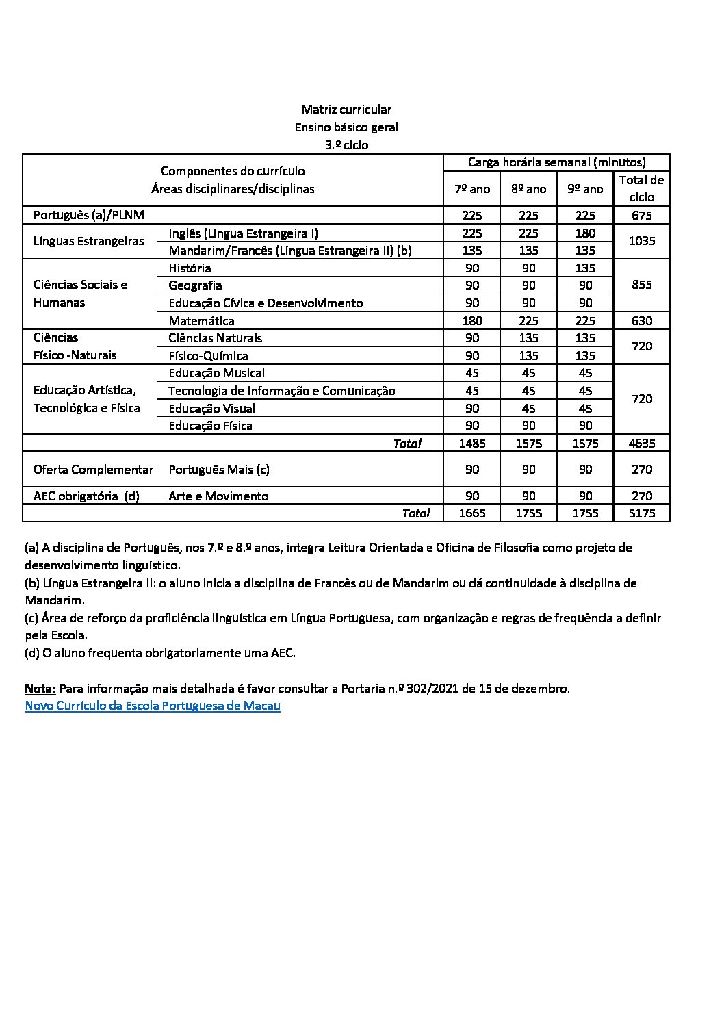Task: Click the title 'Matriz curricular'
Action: (346, 110)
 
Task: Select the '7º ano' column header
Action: (472, 189)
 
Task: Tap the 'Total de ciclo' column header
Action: (641, 188)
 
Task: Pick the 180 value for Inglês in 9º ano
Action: (585, 233)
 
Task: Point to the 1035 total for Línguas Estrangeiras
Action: (641, 241)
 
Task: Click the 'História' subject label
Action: (190, 268)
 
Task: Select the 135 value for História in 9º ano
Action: (585, 268)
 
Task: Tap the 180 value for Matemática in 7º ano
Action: (472, 321)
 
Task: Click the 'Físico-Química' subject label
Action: (208, 356)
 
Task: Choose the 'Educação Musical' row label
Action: (216, 373)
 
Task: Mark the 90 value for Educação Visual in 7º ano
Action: (472, 409)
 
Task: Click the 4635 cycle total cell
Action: (641, 444)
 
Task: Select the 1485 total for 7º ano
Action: (472, 444)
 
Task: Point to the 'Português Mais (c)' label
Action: (219, 470)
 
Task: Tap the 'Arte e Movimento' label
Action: (218, 496)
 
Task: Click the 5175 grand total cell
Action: (641, 513)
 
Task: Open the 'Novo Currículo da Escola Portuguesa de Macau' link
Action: (153, 706)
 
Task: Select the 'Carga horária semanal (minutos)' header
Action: (556, 162)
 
